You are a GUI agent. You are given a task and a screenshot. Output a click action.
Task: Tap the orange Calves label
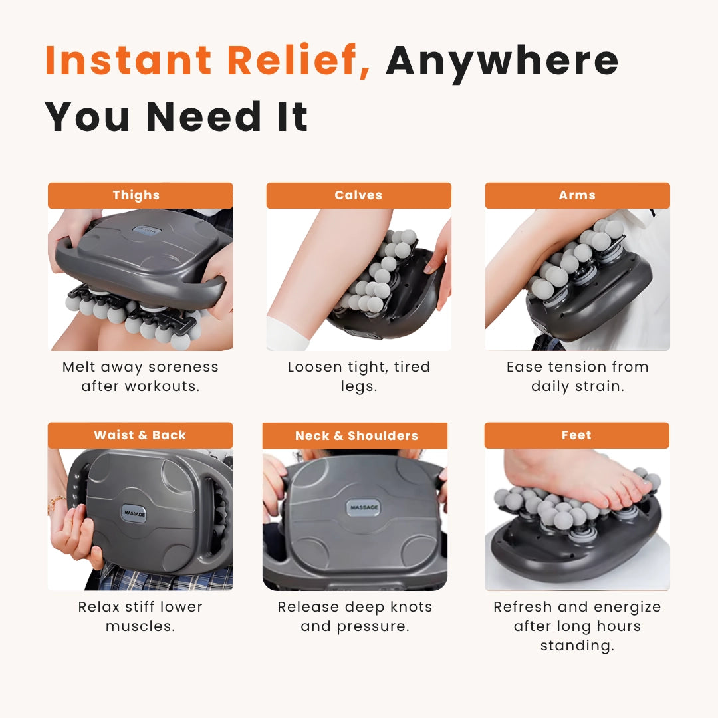(358, 195)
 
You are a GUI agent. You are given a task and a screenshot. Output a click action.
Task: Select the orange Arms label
(577, 195)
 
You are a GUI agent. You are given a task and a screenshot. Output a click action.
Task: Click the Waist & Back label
(140, 435)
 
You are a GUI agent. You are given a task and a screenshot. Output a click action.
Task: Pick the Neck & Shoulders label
(356, 436)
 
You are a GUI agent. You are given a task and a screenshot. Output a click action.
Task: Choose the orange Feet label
(576, 435)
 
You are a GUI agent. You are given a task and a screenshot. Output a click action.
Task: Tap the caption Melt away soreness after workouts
(140, 376)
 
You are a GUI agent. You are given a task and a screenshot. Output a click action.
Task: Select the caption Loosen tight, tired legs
(358, 376)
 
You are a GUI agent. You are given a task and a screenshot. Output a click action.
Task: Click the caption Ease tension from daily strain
(577, 376)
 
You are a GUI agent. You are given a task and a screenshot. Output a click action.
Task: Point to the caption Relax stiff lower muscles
(140, 616)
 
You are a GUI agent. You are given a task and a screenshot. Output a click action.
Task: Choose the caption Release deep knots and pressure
(355, 616)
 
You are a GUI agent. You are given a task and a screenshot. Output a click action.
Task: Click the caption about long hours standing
(577, 626)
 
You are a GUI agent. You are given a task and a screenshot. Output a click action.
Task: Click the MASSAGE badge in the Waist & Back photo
(134, 513)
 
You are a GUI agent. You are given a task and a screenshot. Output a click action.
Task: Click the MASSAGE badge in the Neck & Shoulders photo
(364, 508)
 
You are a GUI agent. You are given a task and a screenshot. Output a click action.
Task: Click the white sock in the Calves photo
(287, 334)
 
